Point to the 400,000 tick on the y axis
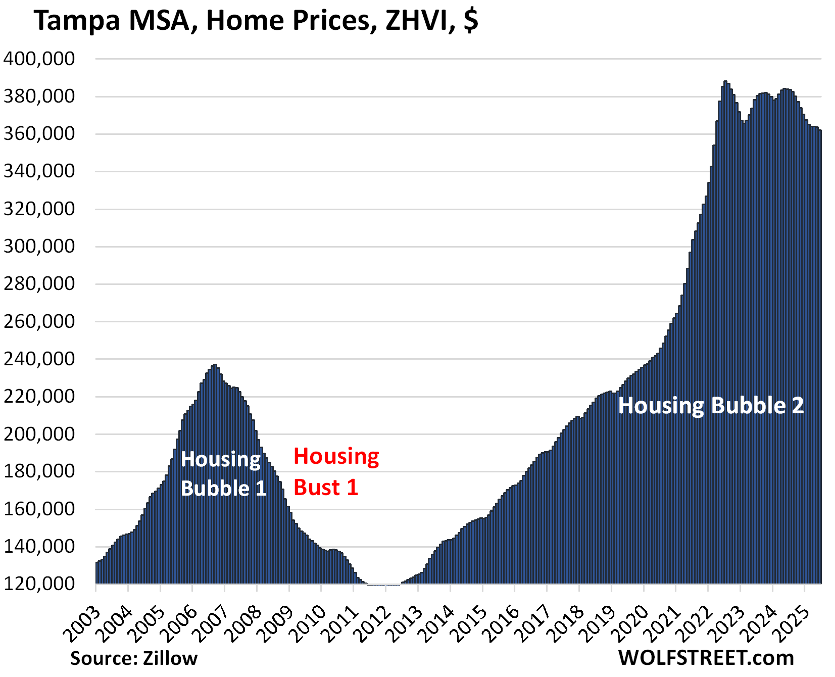point(39,59)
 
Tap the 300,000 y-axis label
point(39,247)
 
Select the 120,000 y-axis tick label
point(39,584)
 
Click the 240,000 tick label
point(39,359)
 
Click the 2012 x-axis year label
point(373,621)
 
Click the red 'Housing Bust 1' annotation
point(336,471)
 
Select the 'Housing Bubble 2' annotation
point(710,406)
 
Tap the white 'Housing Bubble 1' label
point(223,474)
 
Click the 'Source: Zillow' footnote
point(133,658)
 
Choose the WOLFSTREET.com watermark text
point(706,658)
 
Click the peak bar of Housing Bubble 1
point(215,455)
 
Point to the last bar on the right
point(820,354)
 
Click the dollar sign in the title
point(471,21)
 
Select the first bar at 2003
point(97,573)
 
